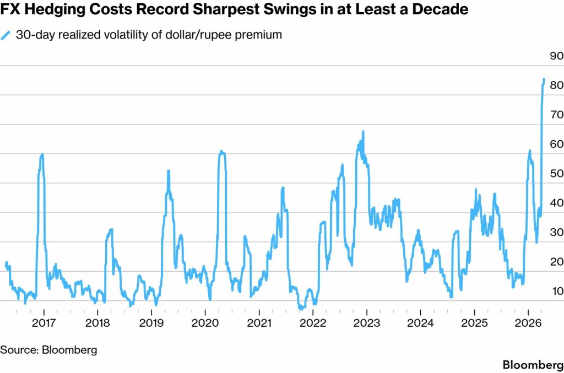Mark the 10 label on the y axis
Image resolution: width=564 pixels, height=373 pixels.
(x=554, y=291)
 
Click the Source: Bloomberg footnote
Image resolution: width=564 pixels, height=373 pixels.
(x=48, y=349)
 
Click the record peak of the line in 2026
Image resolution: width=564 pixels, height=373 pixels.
(x=544, y=80)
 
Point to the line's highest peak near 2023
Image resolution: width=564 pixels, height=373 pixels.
(x=364, y=131)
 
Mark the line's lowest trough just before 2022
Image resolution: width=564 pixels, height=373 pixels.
(x=301, y=309)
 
